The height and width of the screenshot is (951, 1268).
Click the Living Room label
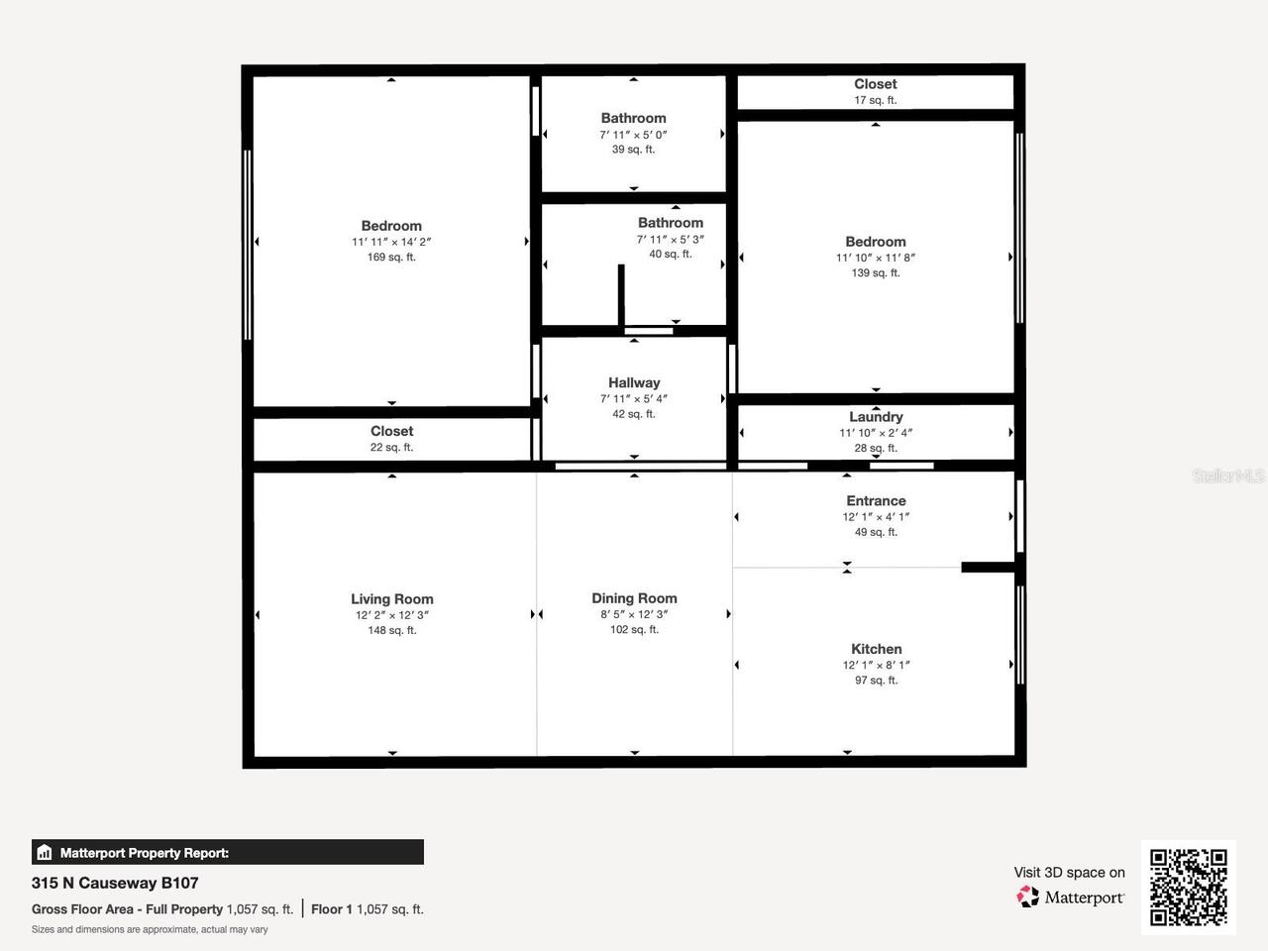click(391, 598)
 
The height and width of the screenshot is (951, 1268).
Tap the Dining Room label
click(634, 598)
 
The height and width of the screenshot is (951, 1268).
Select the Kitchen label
click(876, 649)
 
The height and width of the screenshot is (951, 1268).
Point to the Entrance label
click(876, 501)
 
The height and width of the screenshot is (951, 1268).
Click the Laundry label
click(876, 417)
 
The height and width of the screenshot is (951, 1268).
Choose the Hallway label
click(634, 382)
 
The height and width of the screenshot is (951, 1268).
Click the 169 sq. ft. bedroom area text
click(391, 258)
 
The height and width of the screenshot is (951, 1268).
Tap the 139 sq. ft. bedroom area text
click(876, 273)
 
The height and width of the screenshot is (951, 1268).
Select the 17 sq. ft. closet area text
click(876, 100)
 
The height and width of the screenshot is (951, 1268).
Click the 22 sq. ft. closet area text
click(391, 448)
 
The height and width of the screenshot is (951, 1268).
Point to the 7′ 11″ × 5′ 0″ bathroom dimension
click(634, 135)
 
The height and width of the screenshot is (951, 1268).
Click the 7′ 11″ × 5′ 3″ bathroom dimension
click(671, 240)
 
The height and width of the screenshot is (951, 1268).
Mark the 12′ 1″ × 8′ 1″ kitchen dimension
click(876, 665)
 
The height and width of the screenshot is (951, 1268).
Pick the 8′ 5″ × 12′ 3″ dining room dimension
click(634, 614)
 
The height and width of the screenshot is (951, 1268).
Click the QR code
click(1188, 887)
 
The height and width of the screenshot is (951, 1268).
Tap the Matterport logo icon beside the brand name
click(1028, 898)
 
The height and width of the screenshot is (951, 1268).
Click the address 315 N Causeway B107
click(115, 883)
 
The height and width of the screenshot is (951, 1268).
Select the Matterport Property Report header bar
click(228, 852)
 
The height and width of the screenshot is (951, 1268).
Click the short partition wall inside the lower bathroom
click(621, 295)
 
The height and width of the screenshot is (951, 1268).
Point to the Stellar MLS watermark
click(1228, 476)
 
